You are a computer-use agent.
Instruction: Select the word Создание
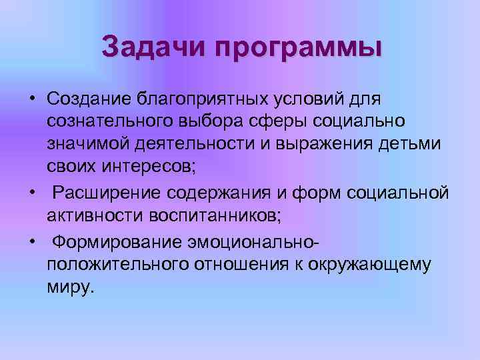pos(89,99)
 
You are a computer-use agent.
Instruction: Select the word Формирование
pos(118,241)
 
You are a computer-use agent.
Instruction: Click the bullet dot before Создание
pos(31,99)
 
